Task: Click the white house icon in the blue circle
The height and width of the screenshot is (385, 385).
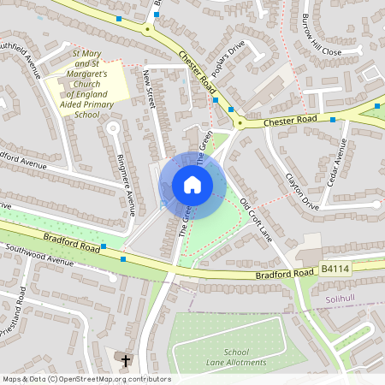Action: pos(192,184)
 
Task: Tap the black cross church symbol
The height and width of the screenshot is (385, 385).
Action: pos(126,360)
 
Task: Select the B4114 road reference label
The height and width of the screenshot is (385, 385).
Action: pos(335,269)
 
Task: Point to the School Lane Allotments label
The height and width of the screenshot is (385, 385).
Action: pos(236,358)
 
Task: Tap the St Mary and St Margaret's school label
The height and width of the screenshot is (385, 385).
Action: pos(86,84)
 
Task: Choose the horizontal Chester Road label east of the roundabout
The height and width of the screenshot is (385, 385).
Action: pos(290,121)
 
